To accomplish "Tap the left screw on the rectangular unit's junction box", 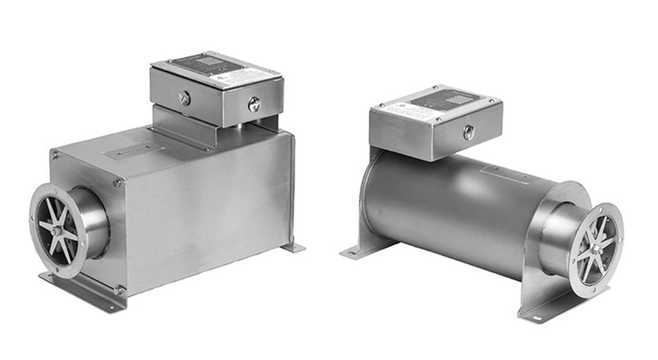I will (x=184, y=98).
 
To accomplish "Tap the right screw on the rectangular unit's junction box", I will (x=254, y=105).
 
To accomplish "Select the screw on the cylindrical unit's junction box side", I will (x=469, y=133).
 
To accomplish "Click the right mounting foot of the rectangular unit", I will (x=293, y=247).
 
